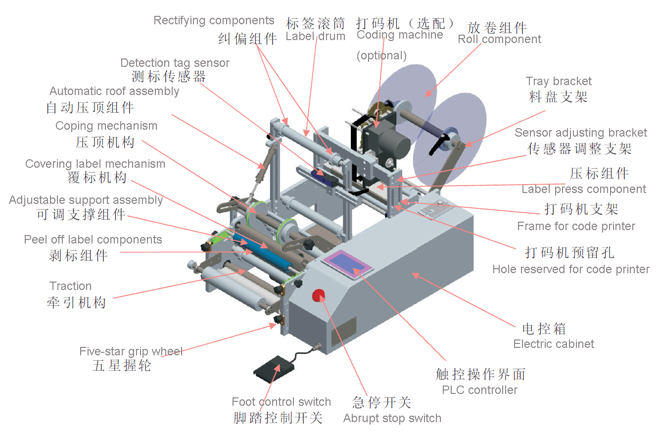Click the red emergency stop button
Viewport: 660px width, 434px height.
318,295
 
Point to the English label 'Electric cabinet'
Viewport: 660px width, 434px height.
554,344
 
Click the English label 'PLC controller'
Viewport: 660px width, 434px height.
479,390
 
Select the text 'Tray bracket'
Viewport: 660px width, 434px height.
559,81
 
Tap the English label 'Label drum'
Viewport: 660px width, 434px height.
315,36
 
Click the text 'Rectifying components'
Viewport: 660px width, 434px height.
214,21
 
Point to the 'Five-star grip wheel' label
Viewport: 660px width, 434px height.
131,351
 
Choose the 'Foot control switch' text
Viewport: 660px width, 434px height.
281,402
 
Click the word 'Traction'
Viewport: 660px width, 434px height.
70,286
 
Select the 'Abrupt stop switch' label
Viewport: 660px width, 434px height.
392,418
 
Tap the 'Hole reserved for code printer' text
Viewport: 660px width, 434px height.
570,269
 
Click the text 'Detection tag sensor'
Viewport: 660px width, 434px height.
175,63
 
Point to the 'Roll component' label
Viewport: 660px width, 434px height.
499,40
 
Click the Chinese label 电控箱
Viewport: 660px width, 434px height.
544,329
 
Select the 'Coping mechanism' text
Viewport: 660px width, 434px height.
106,126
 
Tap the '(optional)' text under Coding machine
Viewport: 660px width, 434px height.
381,55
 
